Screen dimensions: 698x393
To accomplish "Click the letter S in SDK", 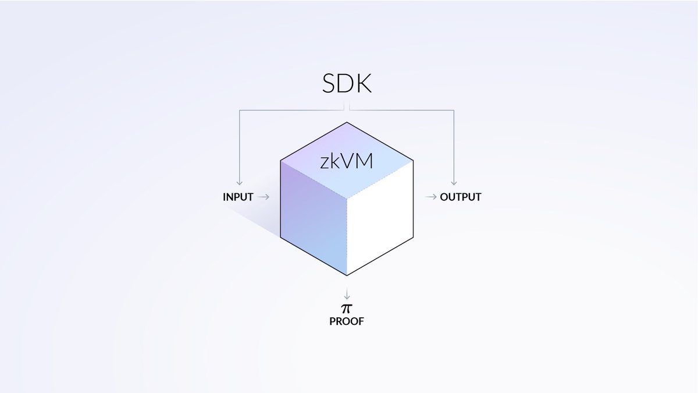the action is (x=330, y=84).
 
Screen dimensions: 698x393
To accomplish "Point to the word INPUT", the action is (x=238, y=197).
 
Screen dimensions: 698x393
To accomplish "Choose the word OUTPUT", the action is (x=461, y=197).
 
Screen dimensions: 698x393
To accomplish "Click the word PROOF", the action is (x=347, y=321).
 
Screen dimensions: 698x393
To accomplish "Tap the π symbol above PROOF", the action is (x=347, y=307).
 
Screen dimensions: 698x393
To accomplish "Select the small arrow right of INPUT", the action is (x=263, y=197).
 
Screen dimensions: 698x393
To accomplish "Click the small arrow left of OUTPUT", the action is (x=431, y=197).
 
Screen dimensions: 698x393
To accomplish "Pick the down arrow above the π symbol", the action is (x=347, y=293).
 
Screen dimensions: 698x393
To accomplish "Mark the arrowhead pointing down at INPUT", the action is (x=238, y=183).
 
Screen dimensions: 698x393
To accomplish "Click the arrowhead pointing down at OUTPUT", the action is (x=454, y=183).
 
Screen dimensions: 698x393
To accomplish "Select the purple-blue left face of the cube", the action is (x=313, y=221).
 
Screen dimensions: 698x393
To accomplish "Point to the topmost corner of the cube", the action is (x=347, y=122).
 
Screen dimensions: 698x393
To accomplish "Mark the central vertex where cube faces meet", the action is (x=347, y=198).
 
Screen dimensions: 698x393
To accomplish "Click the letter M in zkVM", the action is (x=364, y=162).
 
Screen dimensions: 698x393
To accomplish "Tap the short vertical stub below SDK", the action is (x=347, y=106).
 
